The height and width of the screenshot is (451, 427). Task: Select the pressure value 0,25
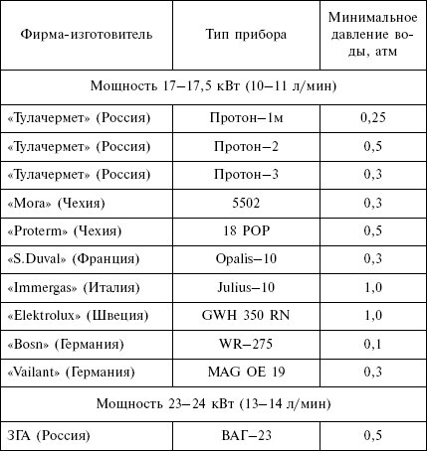[372, 117]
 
